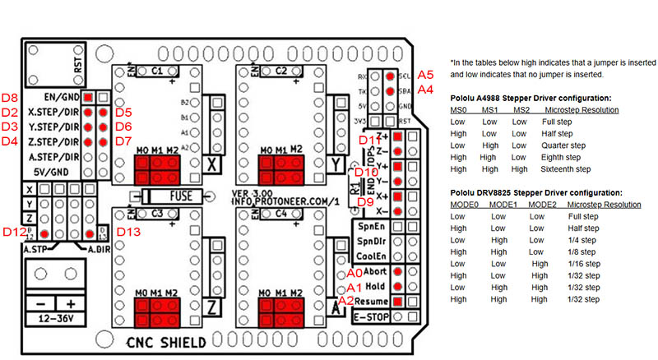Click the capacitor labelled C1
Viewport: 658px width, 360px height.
pos(157,72)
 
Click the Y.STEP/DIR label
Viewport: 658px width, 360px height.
pos(53,127)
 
